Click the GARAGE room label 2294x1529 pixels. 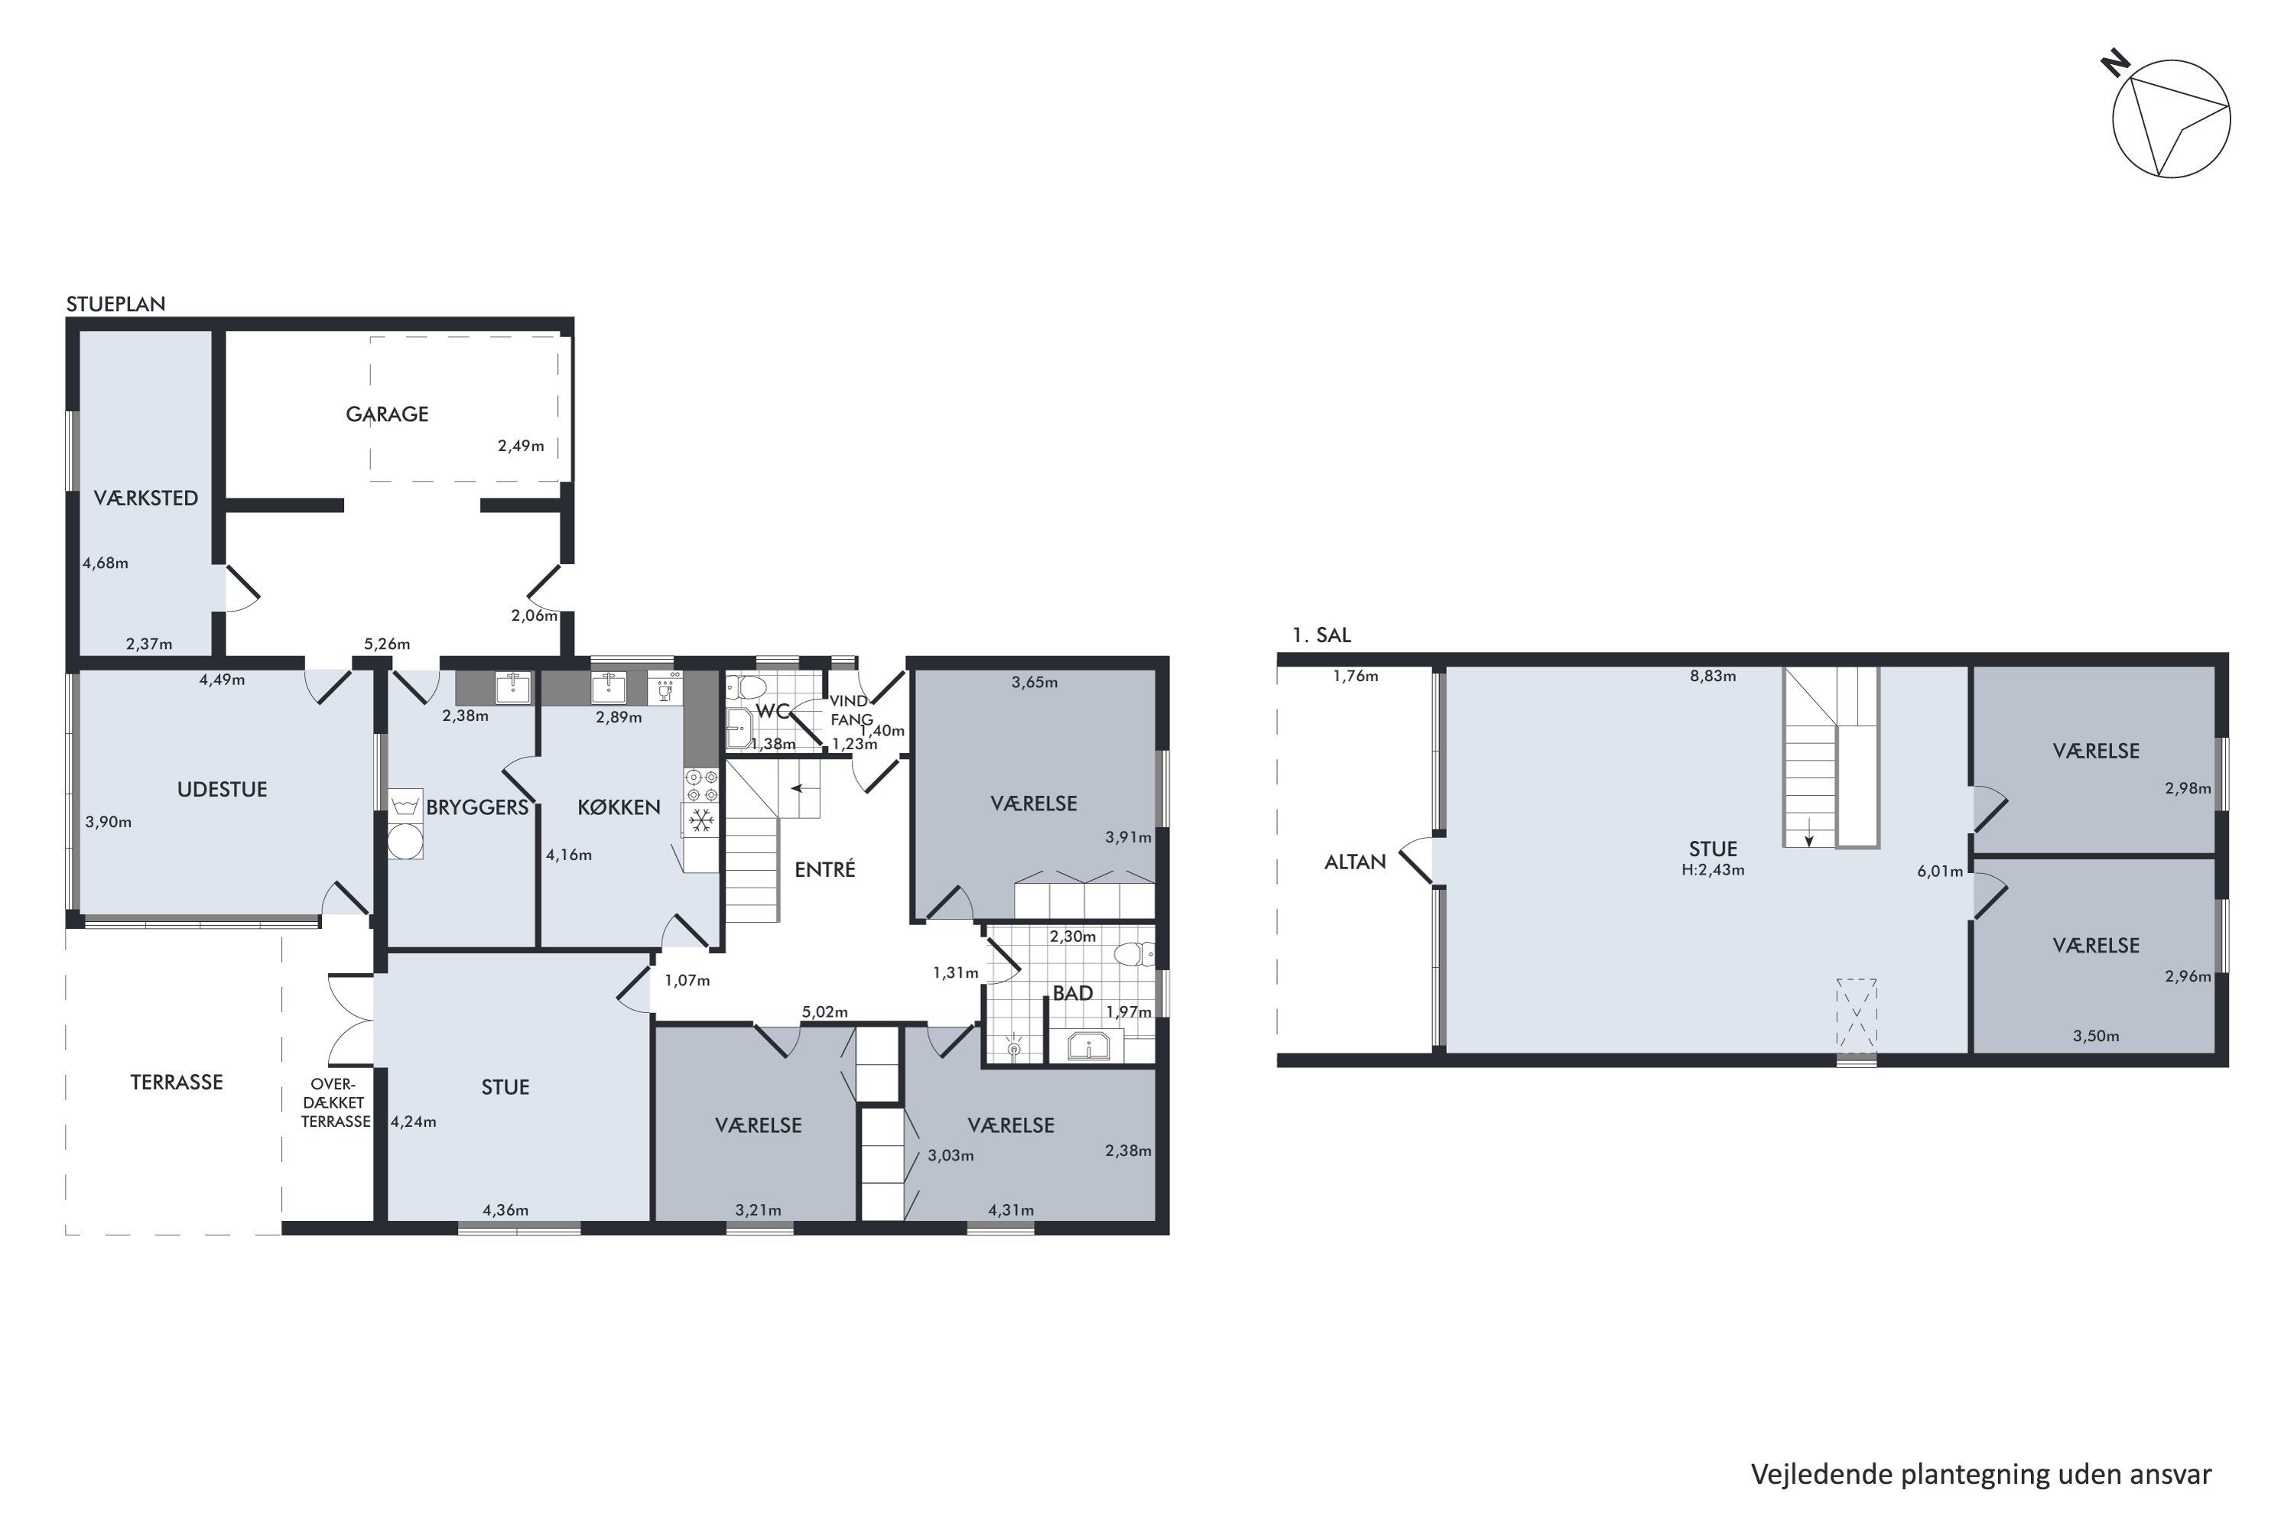(387, 414)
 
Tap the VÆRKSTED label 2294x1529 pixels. (145, 498)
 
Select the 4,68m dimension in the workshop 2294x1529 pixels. (106, 563)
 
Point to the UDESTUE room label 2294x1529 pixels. (222, 790)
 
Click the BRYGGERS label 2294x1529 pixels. (477, 807)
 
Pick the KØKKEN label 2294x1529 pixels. (619, 807)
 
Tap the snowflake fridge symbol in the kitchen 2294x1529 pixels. (700, 820)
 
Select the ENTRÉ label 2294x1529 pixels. (824, 870)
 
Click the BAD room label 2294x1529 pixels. (1072, 994)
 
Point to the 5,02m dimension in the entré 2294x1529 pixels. (824, 1012)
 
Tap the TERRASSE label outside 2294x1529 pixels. (177, 1083)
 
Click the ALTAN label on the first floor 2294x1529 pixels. (1355, 862)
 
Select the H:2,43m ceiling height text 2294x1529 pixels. (1713, 870)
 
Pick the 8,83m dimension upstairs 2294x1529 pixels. (1713, 676)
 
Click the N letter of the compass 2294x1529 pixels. (2116, 64)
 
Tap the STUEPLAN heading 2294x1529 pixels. (115, 304)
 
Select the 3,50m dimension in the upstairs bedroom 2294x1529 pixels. (2096, 1037)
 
